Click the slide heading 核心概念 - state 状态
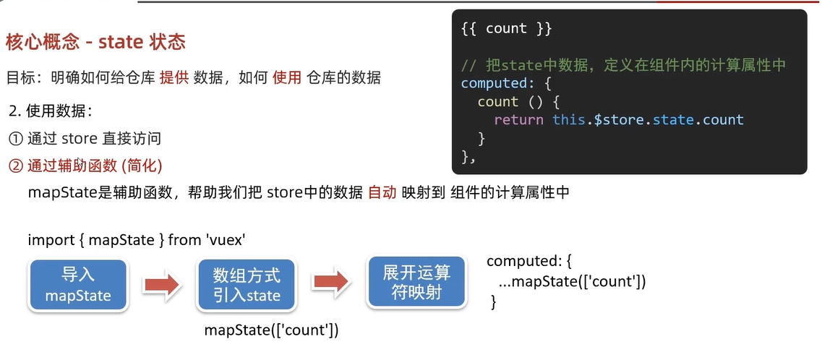pos(95,42)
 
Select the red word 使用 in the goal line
pos(287,77)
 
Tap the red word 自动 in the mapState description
pos(382,193)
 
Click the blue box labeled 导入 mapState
pos(78,286)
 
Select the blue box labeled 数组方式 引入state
pos(247,286)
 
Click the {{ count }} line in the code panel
pos(506,29)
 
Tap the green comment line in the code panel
pos(623,66)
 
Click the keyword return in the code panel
pos(518,120)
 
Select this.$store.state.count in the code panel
pos(648,120)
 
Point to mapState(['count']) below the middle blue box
pos(272,330)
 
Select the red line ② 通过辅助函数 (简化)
pos(85,166)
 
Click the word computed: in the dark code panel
pos(495,83)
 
